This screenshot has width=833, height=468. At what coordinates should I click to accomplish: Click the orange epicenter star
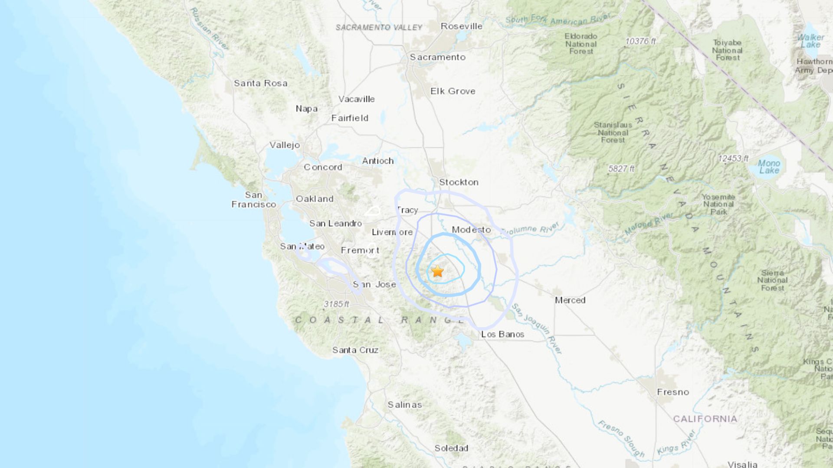[437, 271]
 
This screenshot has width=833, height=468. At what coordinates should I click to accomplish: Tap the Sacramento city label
[437, 57]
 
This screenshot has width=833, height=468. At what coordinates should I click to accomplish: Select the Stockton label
[459, 182]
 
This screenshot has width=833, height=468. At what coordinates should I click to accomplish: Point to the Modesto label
[471, 230]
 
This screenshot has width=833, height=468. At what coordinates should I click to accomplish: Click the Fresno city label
[672, 392]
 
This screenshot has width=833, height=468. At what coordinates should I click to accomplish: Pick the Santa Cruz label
[355, 350]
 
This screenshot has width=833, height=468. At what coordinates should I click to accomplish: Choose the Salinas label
[404, 405]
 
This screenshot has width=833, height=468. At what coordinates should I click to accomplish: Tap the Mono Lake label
[769, 167]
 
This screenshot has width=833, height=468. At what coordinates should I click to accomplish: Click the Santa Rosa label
[260, 83]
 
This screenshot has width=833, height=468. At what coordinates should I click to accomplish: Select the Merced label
[570, 300]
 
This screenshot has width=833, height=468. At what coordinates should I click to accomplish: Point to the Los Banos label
[502, 335]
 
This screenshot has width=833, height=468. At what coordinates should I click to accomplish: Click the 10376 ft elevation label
[640, 41]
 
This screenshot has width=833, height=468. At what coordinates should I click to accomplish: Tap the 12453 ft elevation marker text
[733, 159]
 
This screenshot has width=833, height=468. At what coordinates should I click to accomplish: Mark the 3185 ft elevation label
[336, 304]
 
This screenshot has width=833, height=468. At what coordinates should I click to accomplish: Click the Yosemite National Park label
[718, 204]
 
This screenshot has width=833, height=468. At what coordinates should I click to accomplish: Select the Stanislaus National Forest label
[613, 133]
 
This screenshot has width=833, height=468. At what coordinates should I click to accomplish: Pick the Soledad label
[451, 448]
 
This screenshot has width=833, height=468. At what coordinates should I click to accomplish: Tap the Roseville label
[461, 26]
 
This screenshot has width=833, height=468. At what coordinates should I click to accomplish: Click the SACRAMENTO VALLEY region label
[379, 28]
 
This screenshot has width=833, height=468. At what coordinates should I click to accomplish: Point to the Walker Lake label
[810, 41]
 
